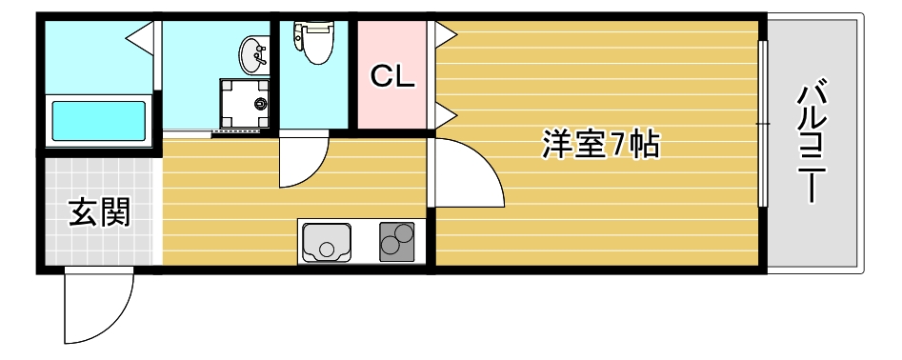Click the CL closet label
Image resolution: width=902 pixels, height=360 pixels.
pos(392,77)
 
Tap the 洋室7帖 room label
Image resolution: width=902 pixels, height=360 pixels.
pos(601,145)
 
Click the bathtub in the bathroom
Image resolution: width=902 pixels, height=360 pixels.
pos(99,121)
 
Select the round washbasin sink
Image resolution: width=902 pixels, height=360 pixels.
pos(254,54)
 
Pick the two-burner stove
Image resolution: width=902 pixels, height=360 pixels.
pos(398,242)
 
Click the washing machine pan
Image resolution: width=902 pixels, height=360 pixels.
pos(244,102)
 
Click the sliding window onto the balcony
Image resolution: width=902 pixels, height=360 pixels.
pos(762,124)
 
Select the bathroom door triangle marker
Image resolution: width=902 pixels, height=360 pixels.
pos(141,38)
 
